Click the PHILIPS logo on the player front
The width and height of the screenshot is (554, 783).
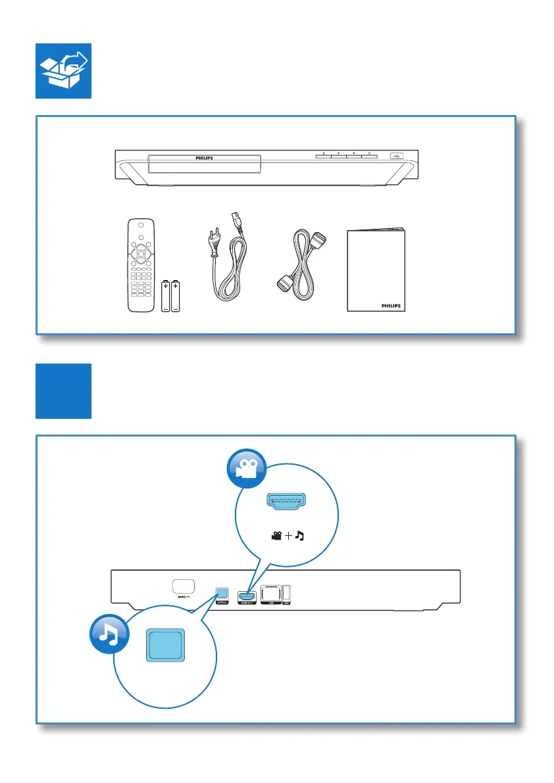point(205,158)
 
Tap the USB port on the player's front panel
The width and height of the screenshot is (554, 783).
point(395,156)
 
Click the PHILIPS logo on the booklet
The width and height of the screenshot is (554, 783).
point(393,306)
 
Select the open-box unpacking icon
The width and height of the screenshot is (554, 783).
point(63,71)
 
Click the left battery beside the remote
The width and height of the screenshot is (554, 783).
point(166,296)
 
